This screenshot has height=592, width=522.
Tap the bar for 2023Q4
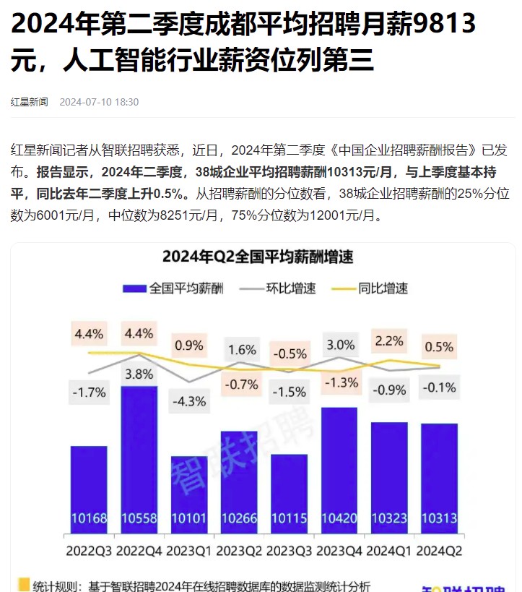pyautogui.click(x=339, y=470)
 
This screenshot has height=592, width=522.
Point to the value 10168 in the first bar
pyautogui.click(x=89, y=519)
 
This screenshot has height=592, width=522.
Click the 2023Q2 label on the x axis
pyautogui.click(x=238, y=550)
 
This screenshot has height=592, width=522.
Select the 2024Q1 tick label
pyautogui.click(x=388, y=550)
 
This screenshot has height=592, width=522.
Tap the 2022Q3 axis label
pyautogui.click(x=89, y=550)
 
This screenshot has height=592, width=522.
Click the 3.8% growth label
pyautogui.click(x=139, y=374)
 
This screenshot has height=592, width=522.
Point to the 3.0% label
pyautogui.click(x=339, y=344)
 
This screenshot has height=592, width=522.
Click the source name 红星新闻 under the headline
pyautogui.click(x=30, y=102)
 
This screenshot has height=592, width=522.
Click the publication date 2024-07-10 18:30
pyautogui.click(x=99, y=102)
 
